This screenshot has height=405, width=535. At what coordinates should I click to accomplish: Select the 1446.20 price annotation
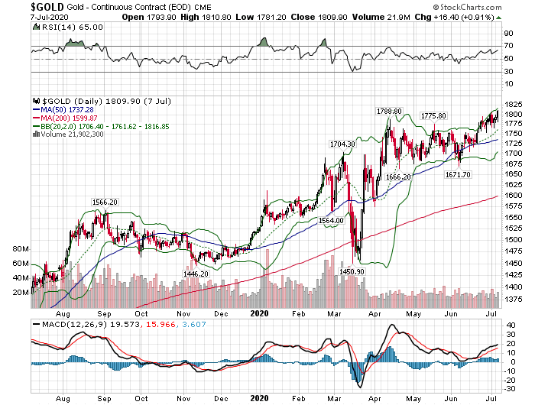(196, 273)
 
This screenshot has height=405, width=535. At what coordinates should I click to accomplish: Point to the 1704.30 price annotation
(342, 144)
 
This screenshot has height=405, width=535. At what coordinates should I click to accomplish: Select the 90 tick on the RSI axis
(507, 34)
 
